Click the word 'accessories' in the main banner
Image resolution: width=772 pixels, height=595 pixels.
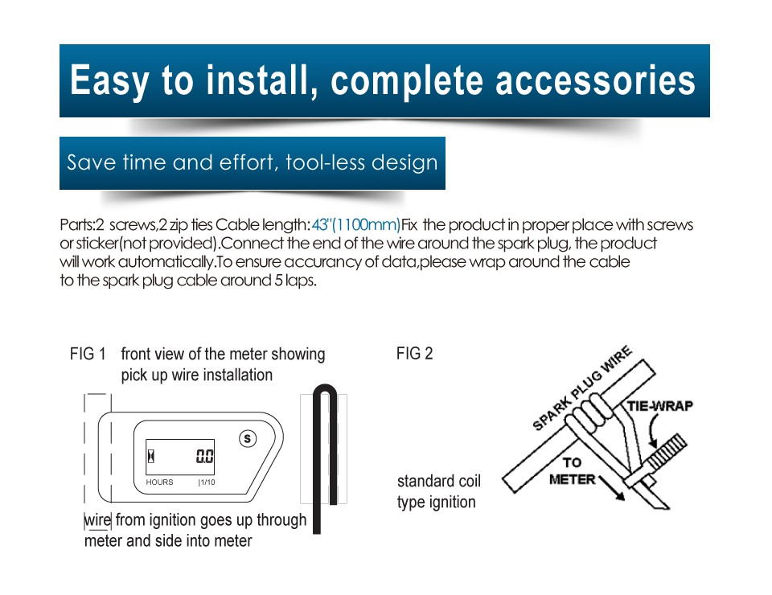tap(595, 80)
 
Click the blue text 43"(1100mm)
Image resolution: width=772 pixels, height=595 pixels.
tap(356, 225)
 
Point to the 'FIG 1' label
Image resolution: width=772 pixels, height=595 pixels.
tap(88, 354)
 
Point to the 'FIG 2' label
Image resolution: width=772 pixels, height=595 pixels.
tap(415, 353)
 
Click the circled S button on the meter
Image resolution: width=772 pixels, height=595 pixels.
tap(248, 438)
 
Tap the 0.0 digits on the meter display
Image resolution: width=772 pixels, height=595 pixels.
tap(205, 456)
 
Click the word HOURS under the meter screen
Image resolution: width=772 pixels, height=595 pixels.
tap(159, 482)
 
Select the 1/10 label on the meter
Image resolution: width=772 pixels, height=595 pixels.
tap(207, 482)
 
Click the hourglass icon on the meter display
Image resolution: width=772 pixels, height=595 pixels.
tap(151, 456)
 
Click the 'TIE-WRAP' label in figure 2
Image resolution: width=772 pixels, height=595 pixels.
tap(659, 406)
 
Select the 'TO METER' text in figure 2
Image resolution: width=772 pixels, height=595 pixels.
tap(572, 471)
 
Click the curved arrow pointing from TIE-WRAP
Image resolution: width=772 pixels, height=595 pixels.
tap(652, 429)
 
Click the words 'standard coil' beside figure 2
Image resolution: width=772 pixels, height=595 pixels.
tap(439, 481)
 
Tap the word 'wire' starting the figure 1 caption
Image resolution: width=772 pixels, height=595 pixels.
tap(97, 519)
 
